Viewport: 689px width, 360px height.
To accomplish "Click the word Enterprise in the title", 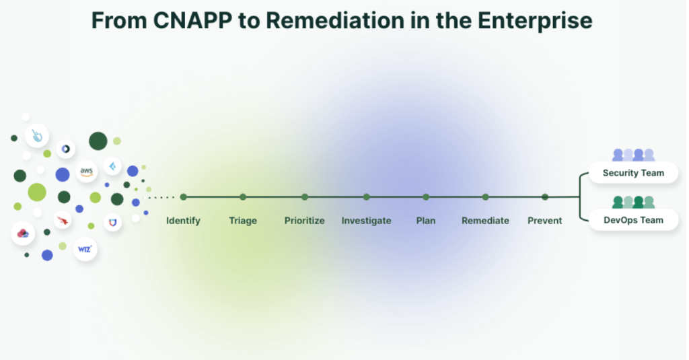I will (x=534, y=20).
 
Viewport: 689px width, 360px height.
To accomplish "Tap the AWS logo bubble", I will (x=86, y=172).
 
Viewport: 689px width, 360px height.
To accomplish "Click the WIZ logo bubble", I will (x=84, y=248).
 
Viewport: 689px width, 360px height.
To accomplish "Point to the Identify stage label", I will (x=183, y=221).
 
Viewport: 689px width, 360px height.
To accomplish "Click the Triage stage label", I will (x=243, y=221).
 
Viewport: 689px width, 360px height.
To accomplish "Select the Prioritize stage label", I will (x=304, y=221).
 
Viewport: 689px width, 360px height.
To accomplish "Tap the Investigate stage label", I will (x=366, y=221).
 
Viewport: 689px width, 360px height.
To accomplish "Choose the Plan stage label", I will (x=426, y=221).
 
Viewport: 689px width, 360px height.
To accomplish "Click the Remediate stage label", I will (x=485, y=221).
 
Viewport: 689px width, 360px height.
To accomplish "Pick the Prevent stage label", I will (x=544, y=221).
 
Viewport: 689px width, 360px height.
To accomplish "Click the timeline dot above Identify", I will (x=183, y=197).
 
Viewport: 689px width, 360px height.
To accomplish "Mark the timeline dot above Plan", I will (x=426, y=197).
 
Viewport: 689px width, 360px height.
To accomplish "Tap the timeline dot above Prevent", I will (x=544, y=197).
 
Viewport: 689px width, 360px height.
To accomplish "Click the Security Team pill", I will (x=633, y=173).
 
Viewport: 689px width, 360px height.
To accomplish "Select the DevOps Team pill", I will (x=633, y=220).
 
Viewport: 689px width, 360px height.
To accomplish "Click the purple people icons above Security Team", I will (x=633, y=155).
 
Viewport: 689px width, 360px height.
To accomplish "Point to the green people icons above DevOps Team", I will (x=633, y=202).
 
